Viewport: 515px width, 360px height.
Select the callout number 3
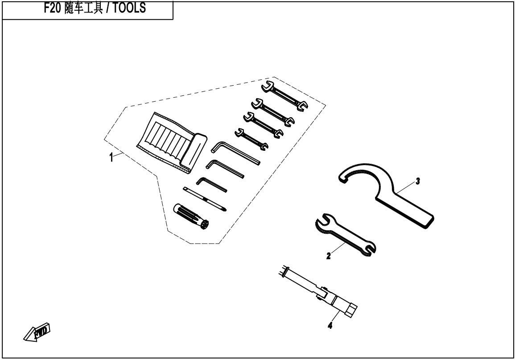417,181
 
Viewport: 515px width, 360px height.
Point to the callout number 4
330,326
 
